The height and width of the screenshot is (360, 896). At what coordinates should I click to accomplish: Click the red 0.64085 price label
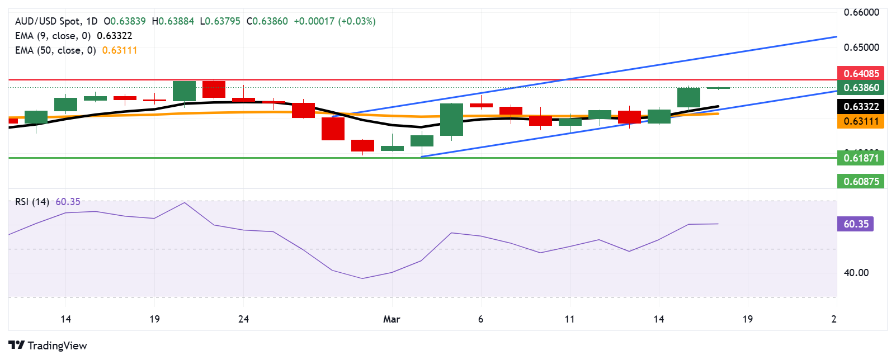[861, 73]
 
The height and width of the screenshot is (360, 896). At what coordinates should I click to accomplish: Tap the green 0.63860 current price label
[861, 87]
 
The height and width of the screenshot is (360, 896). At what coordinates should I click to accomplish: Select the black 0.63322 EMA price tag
[861, 106]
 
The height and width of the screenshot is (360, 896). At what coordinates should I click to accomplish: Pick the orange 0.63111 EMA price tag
[861, 121]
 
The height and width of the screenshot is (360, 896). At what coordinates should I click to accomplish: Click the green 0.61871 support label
[861, 158]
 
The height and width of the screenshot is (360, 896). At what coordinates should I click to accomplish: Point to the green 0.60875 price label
[861, 181]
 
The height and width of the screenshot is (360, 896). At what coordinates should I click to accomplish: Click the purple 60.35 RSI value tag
[856, 224]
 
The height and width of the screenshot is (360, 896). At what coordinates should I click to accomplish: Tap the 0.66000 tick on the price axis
[861, 12]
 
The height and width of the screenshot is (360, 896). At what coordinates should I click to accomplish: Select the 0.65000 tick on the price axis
[861, 48]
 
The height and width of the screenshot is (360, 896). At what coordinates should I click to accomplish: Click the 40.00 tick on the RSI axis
[856, 273]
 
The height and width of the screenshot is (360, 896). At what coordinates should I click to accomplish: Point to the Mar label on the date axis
[392, 319]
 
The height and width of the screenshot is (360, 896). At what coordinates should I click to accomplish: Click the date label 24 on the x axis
[243, 319]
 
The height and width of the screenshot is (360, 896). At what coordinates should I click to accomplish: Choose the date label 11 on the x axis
[569, 319]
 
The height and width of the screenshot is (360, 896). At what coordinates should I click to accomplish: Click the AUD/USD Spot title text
[48, 21]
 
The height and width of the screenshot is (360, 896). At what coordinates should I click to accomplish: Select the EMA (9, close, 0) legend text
[53, 36]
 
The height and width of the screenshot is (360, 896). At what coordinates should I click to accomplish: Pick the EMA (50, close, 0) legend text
[55, 50]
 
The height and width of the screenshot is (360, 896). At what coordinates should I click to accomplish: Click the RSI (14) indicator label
[32, 202]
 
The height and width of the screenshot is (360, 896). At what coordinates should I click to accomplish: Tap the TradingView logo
[48, 345]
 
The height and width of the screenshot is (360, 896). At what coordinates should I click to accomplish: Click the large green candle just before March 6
[451, 119]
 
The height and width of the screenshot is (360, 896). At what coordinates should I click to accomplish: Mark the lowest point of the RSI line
[362, 278]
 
